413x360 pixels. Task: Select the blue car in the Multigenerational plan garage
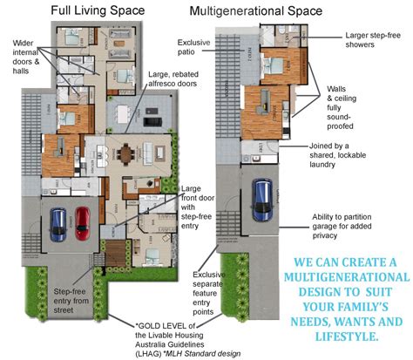(x=261, y=201)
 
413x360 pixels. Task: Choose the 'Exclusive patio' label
(x=194, y=48)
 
